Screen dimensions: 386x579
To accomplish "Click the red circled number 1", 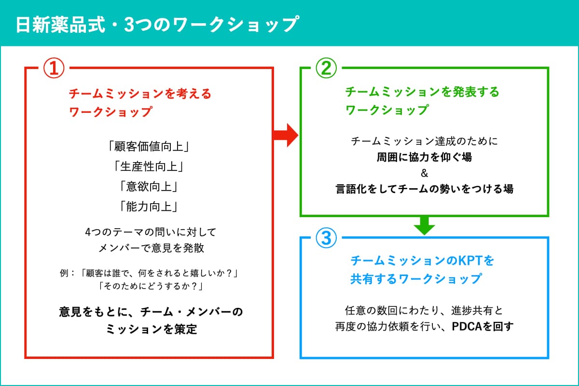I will click(54, 68).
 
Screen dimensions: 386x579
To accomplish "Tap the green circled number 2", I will click(326, 68).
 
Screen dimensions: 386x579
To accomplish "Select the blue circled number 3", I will click(326, 237).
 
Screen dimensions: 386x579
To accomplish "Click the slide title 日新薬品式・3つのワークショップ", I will click(156, 24).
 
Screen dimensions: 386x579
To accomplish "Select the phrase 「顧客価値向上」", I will click(149, 145).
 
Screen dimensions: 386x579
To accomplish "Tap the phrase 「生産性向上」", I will click(149, 166).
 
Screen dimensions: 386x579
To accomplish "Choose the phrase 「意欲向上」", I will click(149, 186).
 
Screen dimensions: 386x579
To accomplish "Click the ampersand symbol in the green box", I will click(425, 173).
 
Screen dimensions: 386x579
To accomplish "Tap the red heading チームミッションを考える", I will click(140, 93).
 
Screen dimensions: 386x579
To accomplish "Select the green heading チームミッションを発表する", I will click(422, 92).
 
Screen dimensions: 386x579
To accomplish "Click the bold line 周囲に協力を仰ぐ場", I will click(425, 157).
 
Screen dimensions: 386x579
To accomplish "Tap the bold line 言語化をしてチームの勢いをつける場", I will click(425, 189).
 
